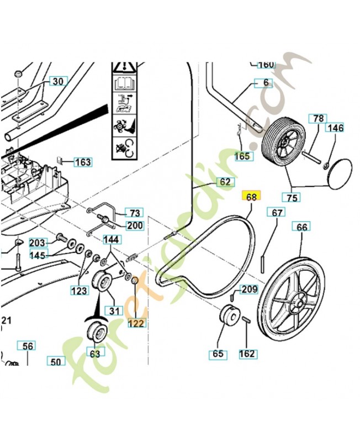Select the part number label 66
pos(301,227)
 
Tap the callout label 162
pos(247,354)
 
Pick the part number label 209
pos(250,289)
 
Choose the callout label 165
pos(242,156)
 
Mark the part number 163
pos(83,162)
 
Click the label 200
pos(135,225)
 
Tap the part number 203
pos(37,243)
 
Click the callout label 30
pos(57,82)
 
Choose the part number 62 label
pos(224,182)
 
